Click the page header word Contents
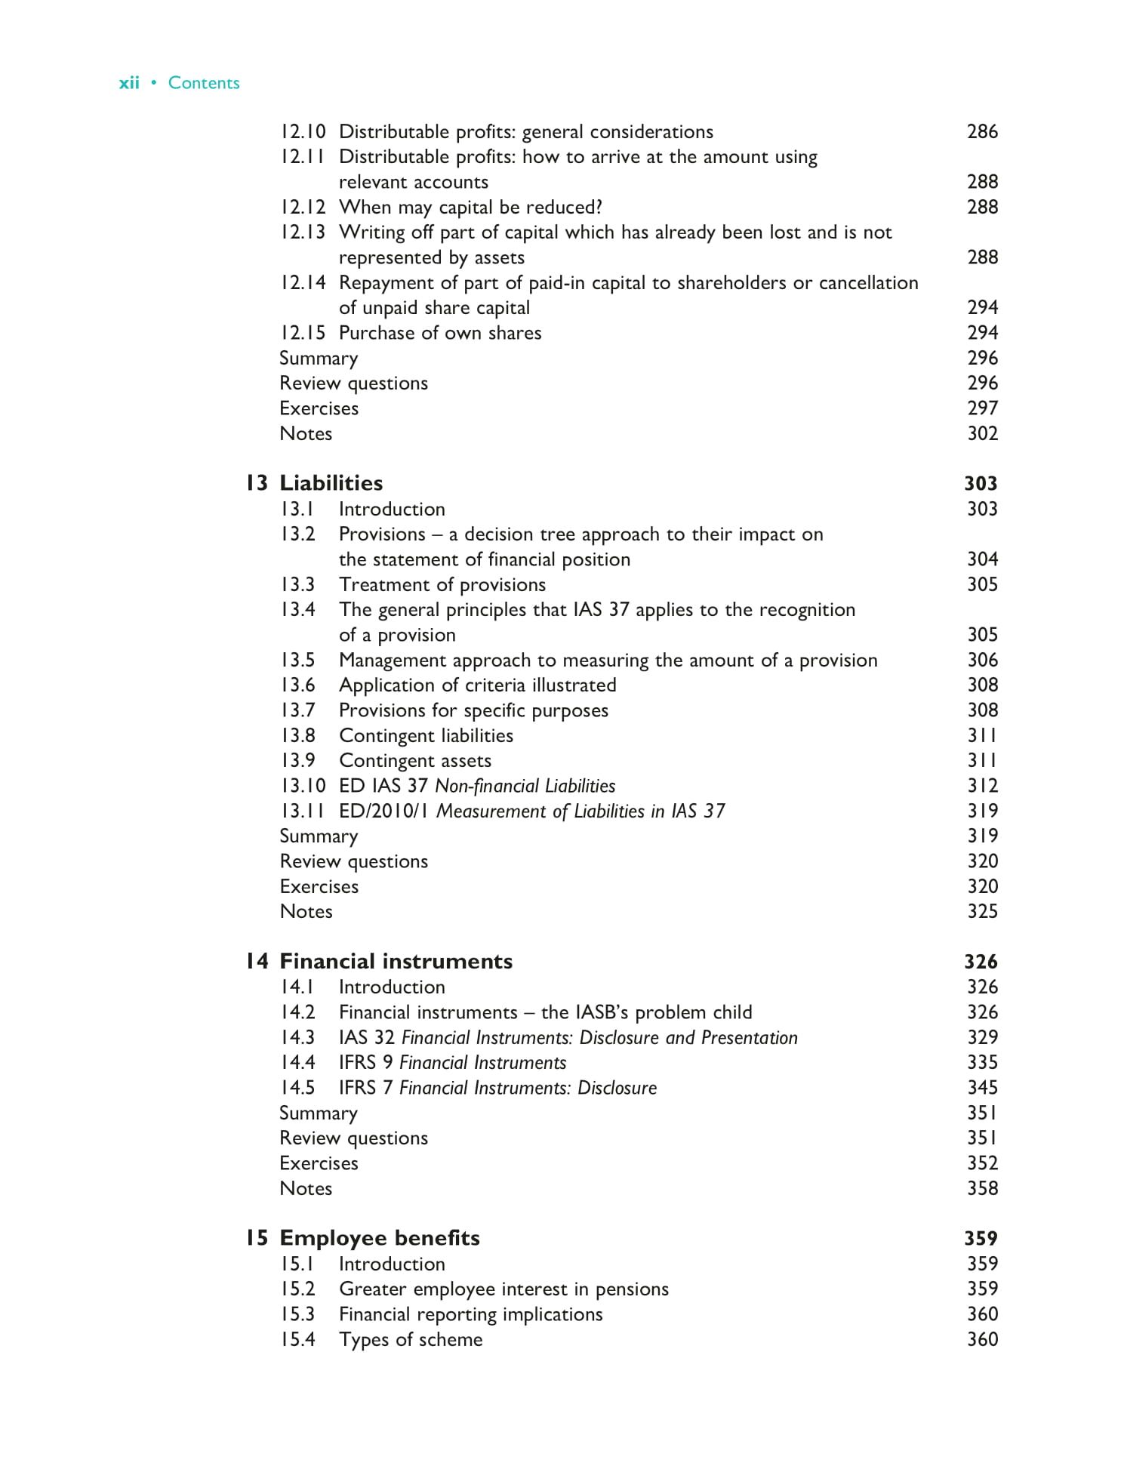pos(203,83)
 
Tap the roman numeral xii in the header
pos(129,83)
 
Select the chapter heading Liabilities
pos(331,483)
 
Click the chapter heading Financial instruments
pos(396,961)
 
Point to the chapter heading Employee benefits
pos(379,1238)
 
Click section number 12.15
pos(303,333)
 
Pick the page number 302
pos(982,433)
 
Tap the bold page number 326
pos(981,961)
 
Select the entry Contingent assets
pos(414,760)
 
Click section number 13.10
pos(303,786)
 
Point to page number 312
pos(982,786)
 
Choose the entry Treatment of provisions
pos(442,584)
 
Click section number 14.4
pos(297,1062)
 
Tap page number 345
pos(982,1088)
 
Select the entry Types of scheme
pos(410,1339)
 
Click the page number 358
pos(982,1188)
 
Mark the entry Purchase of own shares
pos(439,333)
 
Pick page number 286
pos(982,131)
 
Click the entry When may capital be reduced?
pos(470,207)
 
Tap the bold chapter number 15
pos(256,1238)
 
